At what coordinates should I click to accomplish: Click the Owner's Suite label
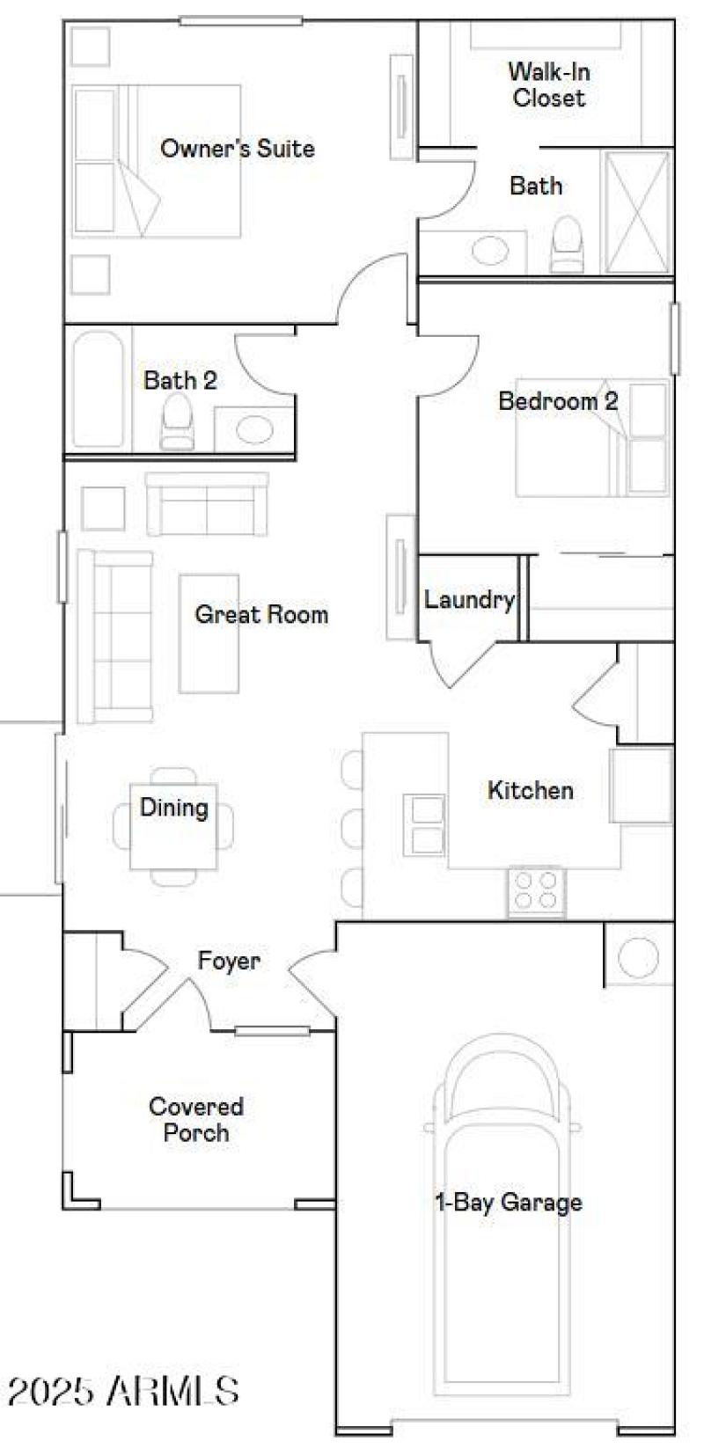tap(237, 149)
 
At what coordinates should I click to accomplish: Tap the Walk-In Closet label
tap(548, 84)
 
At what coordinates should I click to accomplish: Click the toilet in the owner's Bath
tap(568, 244)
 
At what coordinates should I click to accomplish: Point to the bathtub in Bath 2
tap(97, 389)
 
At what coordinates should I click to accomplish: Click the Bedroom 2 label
tap(558, 401)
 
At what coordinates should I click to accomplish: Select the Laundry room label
tap(469, 600)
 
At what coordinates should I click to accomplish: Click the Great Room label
tap(261, 614)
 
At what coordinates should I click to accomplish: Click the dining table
tap(173, 825)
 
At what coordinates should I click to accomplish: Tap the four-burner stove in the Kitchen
tap(536, 891)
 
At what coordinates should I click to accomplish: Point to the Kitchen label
tap(530, 790)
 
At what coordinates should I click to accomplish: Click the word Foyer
tap(229, 961)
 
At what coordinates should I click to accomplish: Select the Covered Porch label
tap(196, 1119)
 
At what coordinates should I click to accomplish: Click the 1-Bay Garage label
tap(509, 1202)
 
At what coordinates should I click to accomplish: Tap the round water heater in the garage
tap(638, 955)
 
